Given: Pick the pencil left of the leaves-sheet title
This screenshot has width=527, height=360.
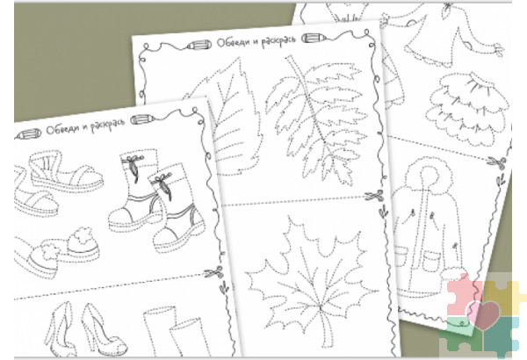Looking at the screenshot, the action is [199, 45].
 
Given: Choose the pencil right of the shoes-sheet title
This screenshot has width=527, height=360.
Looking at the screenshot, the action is [142, 119].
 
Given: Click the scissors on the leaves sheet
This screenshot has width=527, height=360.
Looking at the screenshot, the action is [374, 196].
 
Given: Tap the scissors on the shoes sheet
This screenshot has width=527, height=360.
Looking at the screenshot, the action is [214, 272].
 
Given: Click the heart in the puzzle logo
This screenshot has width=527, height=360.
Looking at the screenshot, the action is [483, 314].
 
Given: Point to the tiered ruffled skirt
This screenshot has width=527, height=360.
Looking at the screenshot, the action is [468, 108].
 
